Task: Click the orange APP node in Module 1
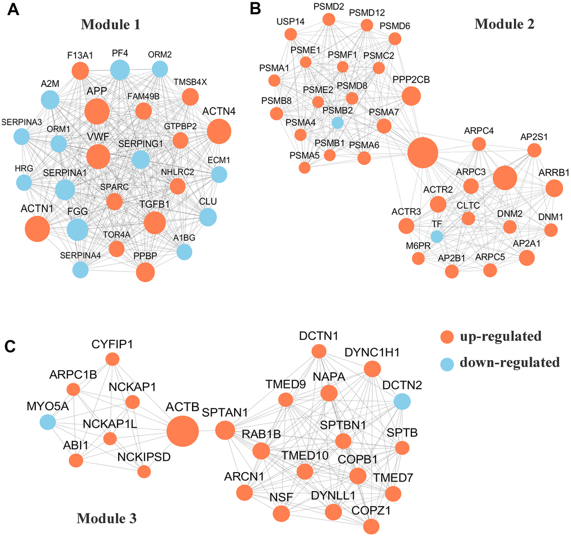(97, 111)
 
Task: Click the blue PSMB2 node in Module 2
(337, 122)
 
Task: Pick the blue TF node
(437, 237)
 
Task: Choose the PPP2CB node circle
(411, 96)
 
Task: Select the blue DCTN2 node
(401, 401)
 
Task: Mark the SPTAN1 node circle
(225, 431)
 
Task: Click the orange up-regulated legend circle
(447, 337)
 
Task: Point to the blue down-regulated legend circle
(447, 363)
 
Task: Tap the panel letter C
(10, 347)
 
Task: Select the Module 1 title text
(110, 24)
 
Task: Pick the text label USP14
(291, 22)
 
